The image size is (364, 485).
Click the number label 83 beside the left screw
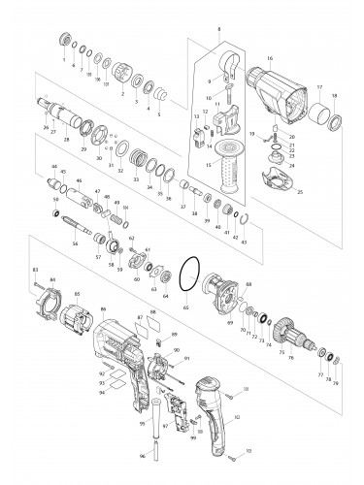(x=35, y=269)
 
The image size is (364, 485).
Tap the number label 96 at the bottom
(x=141, y=456)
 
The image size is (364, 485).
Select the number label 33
(x=136, y=182)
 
